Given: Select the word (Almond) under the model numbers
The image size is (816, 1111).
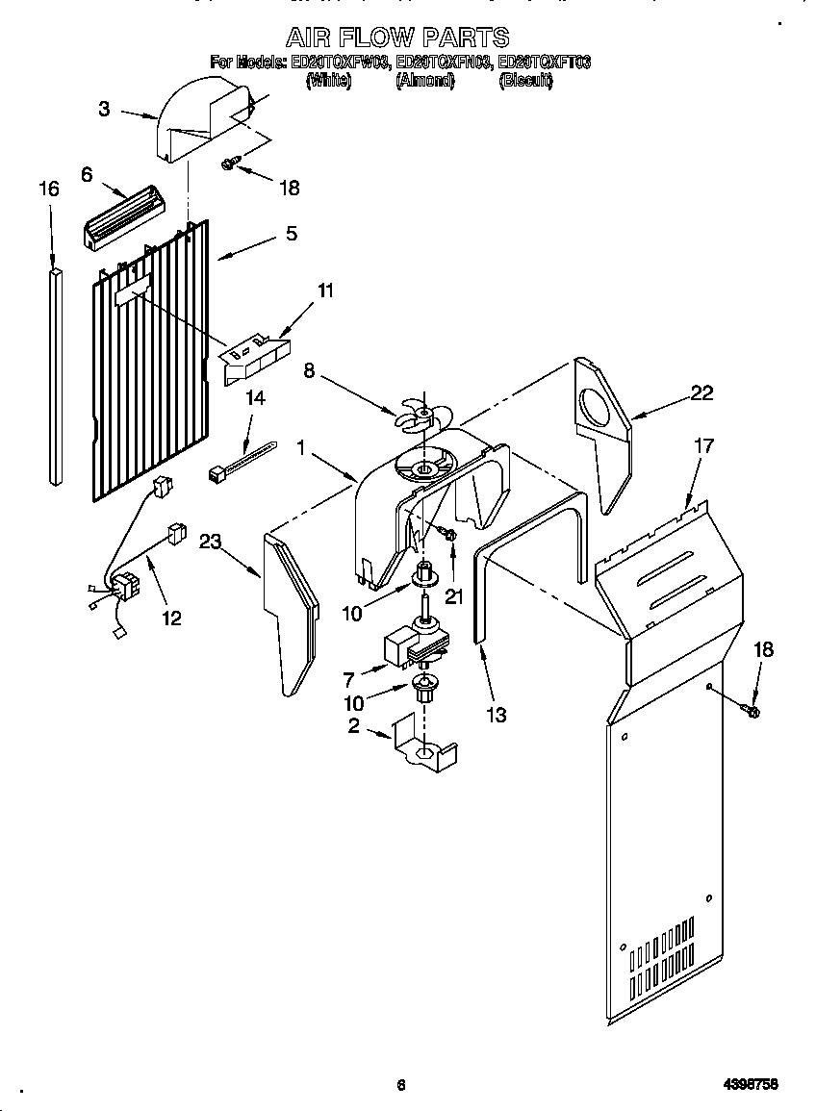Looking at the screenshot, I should point(424,82).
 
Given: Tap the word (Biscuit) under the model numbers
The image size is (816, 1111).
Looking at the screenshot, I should point(525,82).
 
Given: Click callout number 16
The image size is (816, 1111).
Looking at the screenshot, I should point(48,189).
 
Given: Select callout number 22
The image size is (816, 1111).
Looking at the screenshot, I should point(701,392).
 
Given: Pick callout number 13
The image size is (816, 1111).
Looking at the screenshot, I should point(497,715).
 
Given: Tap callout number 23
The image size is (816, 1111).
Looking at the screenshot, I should point(211,543).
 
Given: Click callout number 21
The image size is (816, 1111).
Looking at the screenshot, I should point(453,596).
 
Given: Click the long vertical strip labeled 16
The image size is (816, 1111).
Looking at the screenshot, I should point(53,375).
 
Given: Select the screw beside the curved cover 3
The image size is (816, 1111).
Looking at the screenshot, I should point(228,164).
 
